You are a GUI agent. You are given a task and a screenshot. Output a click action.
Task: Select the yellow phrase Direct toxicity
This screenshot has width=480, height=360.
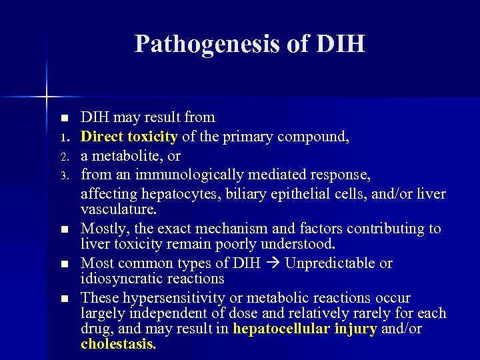pyautogui.click(x=129, y=137)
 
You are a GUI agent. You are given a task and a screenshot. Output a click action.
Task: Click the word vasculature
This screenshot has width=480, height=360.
pyautogui.click(x=118, y=209)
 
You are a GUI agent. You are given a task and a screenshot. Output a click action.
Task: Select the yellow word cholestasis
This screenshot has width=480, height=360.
pyautogui.click(x=117, y=345)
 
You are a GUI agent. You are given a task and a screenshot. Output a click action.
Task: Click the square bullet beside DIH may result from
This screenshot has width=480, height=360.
pyautogui.click(x=64, y=119)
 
